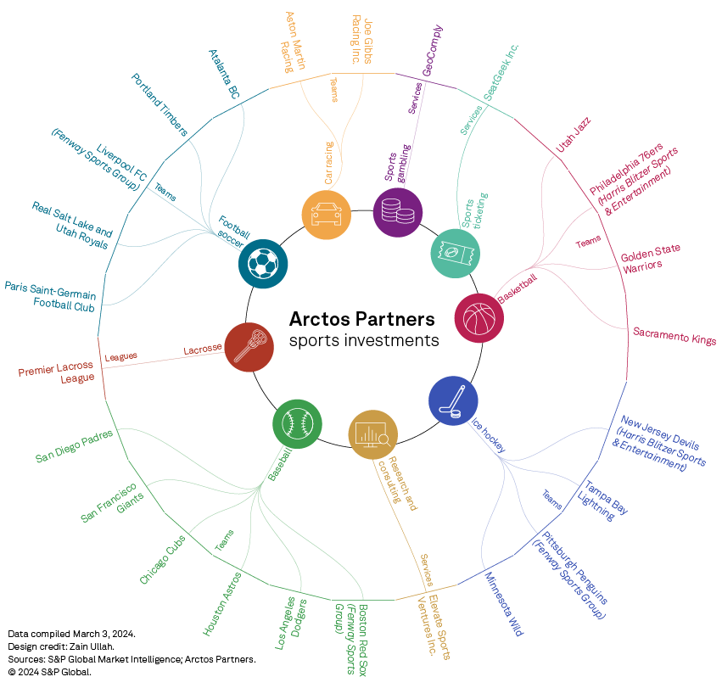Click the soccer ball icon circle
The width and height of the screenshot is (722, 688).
pyautogui.click(x=263, y=263)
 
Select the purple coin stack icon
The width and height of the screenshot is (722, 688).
pyautogui.click(x=398, y=212)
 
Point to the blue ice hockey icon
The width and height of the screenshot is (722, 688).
pyautogui.click(x=453, y=400)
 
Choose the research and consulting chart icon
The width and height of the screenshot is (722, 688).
pyautogui.click(x=373, y=434)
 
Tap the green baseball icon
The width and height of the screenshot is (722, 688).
pyautogui.click(x=297, y=422)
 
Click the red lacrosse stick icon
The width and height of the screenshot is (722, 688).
pyautogui.click(x=249, y=347)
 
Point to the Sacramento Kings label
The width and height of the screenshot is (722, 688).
pyautogui.click(x=674, y=335)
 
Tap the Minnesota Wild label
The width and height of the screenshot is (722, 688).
pyautogui.click(x=504, y=604)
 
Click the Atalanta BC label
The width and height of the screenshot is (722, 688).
pyautogui.click(x=225, y=74)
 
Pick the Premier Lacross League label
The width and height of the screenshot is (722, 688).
pyautogui.click(x=57, y=373)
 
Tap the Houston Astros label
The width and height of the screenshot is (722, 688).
pyautogui.click(x=222, y=604)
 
